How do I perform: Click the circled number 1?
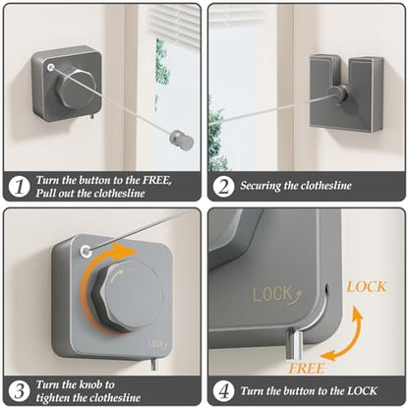[19, 187]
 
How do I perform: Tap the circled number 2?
[223, 187]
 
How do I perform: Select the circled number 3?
[19, 391]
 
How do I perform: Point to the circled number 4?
[223, 391]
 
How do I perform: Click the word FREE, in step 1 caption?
[157, 180]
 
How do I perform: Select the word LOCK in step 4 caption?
[362, 390]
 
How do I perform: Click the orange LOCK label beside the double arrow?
[367, 287]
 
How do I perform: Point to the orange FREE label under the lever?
[307, 369]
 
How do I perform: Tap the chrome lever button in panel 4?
[294, 345]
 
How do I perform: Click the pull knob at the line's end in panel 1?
[181, 140]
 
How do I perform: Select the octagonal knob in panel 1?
[75, 88]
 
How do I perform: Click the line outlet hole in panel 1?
[50, 68]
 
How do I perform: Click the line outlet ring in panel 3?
[86, 252]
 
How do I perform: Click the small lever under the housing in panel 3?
[153, 365]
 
